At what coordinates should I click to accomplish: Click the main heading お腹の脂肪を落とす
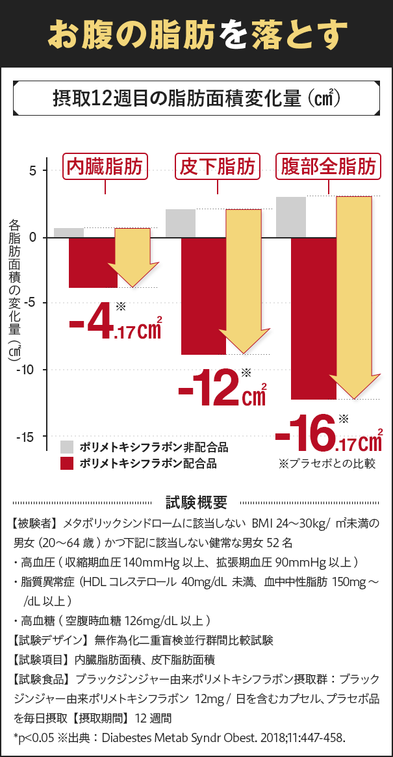click(x=196, y=34)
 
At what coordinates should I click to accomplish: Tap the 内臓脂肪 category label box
click(x=105, y=168)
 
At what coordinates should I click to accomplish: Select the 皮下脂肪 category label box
click(x=217, y=168)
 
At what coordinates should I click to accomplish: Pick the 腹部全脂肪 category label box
click(x=329, y=168)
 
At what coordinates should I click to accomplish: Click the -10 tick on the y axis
click(x=27, y=370)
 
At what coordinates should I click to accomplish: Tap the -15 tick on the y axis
click(x=27, y=437)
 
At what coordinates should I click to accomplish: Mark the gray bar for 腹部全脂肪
click(x=291, y=217)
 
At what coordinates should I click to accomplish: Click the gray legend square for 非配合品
click(x=66, y=447)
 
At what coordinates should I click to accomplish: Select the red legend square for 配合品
click(x=66, y=463)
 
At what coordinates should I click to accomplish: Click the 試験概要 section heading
click(x=196, y=502)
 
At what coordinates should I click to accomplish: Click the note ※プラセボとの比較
click(x=326, y=464)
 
